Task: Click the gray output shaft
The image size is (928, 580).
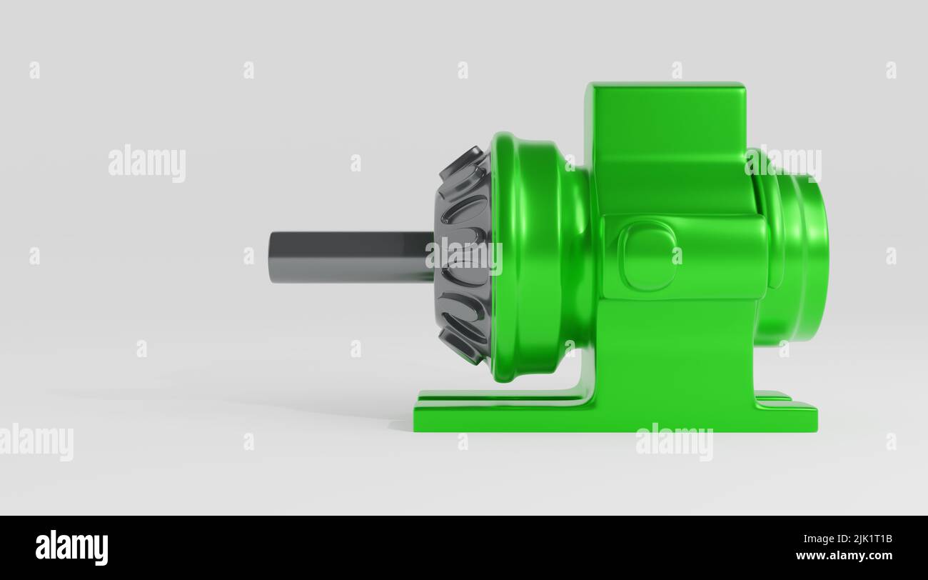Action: pyautogui.click(x=350, y=256)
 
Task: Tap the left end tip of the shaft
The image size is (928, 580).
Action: pyautogui.click(x=271, y=256)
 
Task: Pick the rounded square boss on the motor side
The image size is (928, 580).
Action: pyautogui.click(x=647, y=256)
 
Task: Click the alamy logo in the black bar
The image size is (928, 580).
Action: pyautogui.click(x=71, y=547)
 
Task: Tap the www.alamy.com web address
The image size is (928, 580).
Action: pyautogui.click(x=844, y=556)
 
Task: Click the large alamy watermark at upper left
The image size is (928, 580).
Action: pyautogui.click(x=147, y=163)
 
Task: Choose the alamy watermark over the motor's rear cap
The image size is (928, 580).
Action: pyautogui.click(x=783, y=164)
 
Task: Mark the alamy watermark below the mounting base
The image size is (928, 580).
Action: pyautogui.click(x=674, y=441)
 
